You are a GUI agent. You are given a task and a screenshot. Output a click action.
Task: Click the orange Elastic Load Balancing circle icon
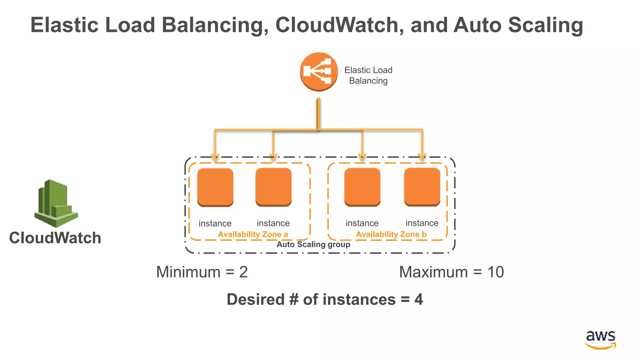[319, 72]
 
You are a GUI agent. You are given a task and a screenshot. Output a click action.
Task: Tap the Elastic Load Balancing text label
[368, 75]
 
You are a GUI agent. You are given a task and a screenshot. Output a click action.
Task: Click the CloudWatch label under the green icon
[55, 238]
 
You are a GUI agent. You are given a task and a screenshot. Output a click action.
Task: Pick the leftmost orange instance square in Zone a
[215, 187]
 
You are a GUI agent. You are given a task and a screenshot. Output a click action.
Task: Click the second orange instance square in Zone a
[273, 187]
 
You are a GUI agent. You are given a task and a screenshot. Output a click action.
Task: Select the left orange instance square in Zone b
[362, 187]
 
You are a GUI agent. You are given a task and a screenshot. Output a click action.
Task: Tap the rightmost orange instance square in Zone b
[422, 187]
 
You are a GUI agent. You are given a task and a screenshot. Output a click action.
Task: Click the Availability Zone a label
[253, 234]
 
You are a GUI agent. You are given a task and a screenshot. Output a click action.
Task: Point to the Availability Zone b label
[391, 234]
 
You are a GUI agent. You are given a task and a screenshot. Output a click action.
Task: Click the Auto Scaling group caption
[313, 244]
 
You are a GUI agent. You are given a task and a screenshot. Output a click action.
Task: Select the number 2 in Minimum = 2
[243, 272]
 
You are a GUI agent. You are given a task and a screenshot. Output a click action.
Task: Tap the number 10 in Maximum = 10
[495, 272]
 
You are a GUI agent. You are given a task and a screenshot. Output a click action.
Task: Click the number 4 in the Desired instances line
[418, 299]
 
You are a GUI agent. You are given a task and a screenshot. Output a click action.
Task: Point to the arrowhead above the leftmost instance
[215, 157]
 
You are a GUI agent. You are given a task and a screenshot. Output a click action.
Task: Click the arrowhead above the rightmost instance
[422, 157]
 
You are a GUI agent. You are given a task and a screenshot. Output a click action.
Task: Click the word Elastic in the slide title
[64, 25]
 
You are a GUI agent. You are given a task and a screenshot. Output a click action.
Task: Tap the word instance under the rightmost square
[422, 223]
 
